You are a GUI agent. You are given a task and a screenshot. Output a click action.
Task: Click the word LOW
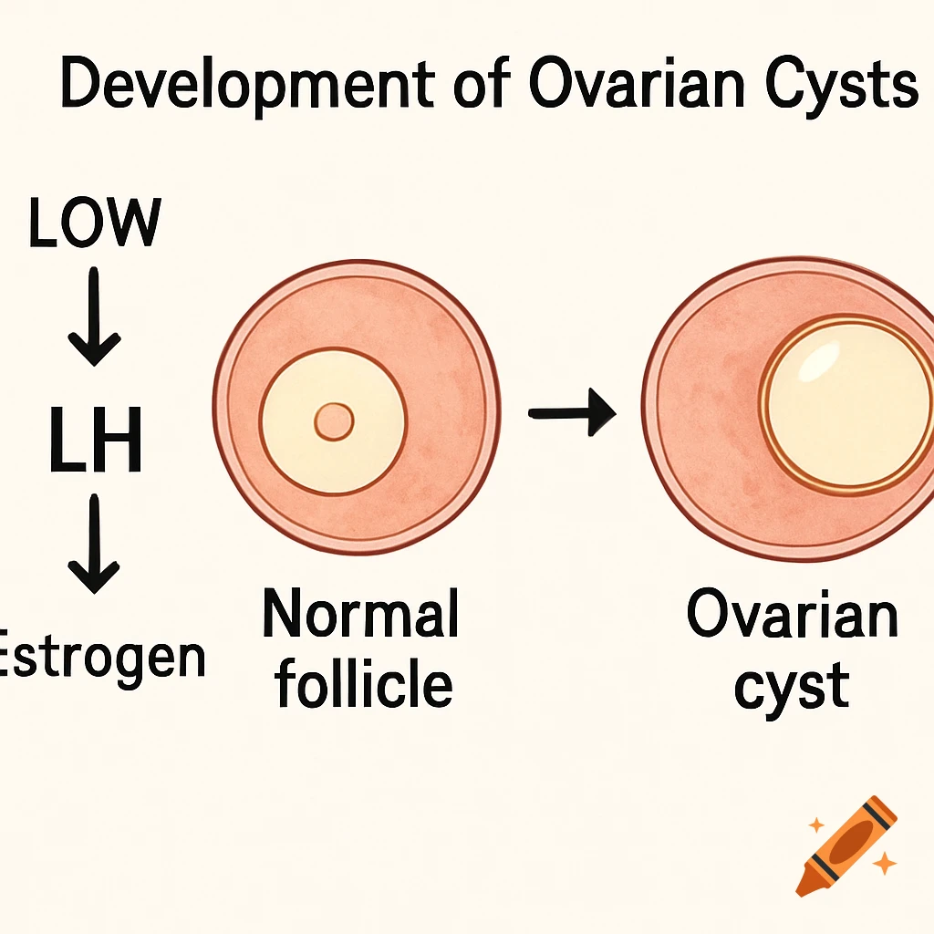pos(95,223)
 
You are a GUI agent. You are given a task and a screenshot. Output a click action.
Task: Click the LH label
pos(95,442)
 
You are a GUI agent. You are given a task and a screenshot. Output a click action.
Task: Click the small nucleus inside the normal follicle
pos(333,421)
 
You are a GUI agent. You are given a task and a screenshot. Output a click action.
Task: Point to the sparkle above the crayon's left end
pos(815,825)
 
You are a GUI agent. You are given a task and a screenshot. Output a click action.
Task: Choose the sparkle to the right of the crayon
pos(883,863)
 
